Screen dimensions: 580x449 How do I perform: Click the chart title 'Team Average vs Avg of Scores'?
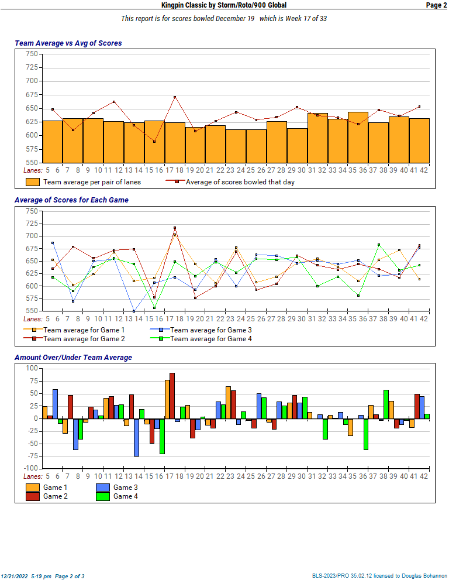tap(68, 43)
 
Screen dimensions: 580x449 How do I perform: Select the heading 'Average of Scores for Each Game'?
tap(71, 200)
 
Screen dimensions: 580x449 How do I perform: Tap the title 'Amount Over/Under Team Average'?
tap(73, 358)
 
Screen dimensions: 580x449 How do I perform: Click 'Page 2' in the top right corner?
tap(436, 5)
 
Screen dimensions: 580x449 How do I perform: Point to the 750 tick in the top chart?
tap(32, 54)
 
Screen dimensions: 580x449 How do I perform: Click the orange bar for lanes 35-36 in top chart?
tap(358, 138)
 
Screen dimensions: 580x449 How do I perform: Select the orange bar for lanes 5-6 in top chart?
tap(53, 142)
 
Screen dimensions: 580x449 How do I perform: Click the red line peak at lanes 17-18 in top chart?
tap(175, 97)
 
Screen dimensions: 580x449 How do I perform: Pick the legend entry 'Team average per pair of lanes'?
tap(92, 182)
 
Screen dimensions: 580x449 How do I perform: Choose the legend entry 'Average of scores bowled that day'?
tap(240, 182)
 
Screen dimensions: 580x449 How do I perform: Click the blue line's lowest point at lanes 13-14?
tap(134, 311)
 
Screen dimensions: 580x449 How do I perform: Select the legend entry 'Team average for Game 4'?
tap(211, 338)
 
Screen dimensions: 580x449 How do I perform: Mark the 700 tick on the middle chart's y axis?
tap(32, 236)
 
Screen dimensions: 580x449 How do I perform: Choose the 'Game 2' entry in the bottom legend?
tap(55, 496)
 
